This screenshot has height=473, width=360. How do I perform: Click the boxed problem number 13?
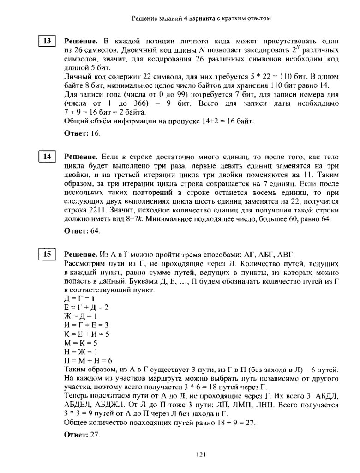click(47, 41)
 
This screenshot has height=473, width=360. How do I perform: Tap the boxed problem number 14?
click(47, 157)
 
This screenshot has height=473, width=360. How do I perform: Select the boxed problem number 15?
click(47, 254)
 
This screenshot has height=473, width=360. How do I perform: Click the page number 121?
click(200, 455)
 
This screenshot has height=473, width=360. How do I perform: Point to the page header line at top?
click(201, 18)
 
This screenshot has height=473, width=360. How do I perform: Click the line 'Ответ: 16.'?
click(82, 133)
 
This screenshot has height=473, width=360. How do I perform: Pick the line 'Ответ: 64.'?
click(82, 230)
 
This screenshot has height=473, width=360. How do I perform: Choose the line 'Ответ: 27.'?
click(82, 435)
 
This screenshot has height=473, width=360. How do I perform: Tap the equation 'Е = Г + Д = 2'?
click(86, 308)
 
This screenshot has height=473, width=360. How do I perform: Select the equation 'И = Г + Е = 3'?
click(86, 325)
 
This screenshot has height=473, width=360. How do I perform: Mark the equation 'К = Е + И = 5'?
click(86, 334)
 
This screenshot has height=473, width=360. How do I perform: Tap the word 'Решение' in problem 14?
click(80, 157)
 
